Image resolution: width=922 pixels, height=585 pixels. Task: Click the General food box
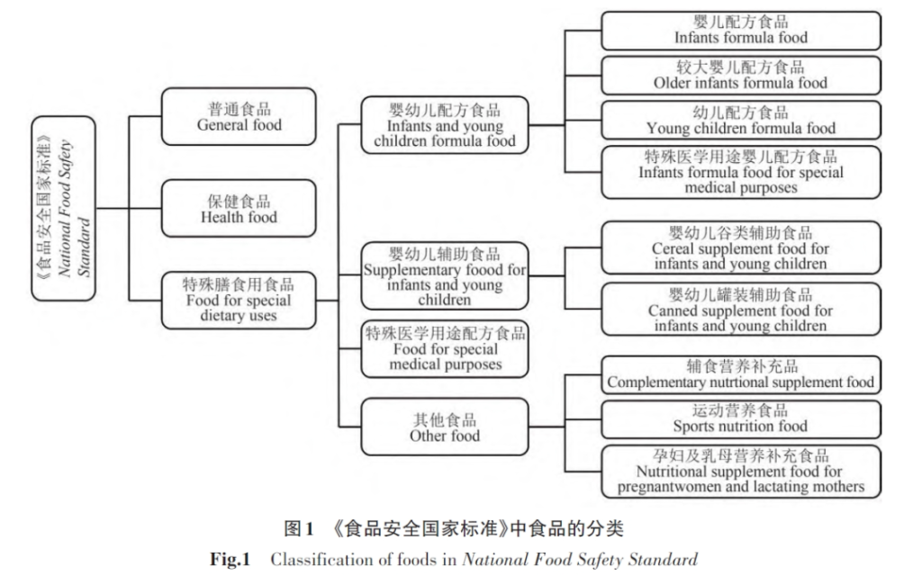(x=239, y=117)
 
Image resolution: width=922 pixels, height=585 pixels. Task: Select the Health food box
(x=239, y=209)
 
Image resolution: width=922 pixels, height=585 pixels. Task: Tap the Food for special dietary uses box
(x=239, y=300)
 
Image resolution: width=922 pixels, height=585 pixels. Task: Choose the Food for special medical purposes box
(x=445, y=348)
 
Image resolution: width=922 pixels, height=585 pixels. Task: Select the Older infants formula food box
(x=740, y=76)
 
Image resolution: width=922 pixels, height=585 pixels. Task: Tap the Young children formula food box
(x=740, y=121)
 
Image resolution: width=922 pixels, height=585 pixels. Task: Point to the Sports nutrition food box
(x=740, y=418)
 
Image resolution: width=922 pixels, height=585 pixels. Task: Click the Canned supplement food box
(x=740, y=310)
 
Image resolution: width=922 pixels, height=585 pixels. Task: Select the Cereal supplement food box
(x=740, y=247)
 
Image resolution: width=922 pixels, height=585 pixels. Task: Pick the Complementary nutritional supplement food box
(x=740, y=374)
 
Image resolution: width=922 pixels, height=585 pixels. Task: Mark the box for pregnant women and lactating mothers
(x=740, y=472)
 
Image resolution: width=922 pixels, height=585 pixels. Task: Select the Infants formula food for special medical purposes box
(x=740, y=172)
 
